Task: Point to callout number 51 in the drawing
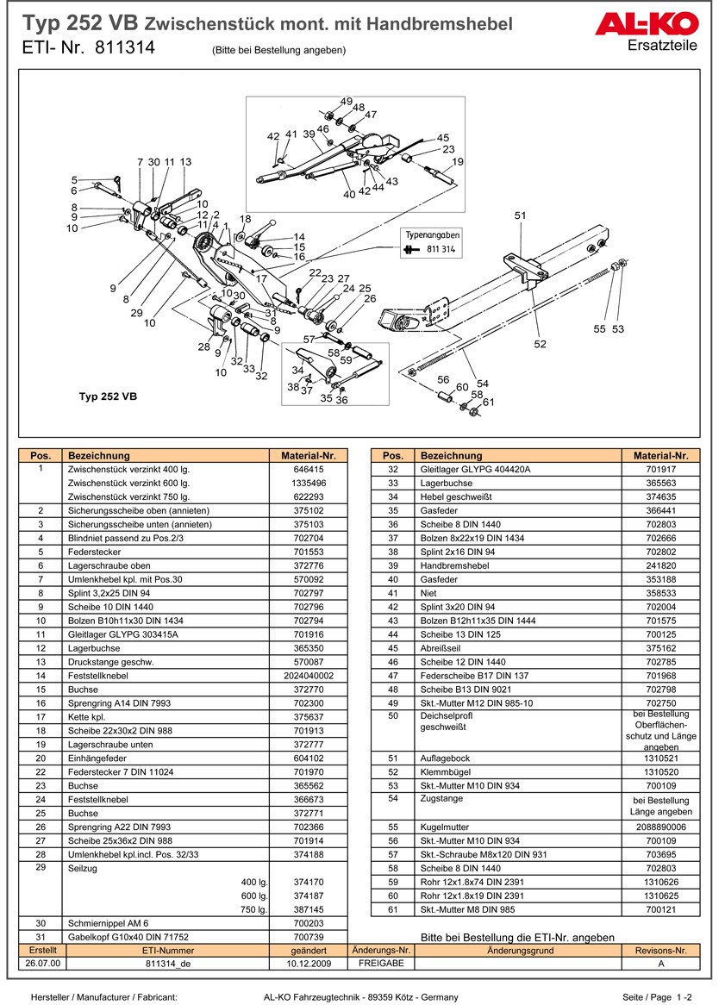520,215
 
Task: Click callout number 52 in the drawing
540,344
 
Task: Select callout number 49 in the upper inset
346,102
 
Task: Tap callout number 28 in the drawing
203,346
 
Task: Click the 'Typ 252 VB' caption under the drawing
108,397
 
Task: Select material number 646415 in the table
309,470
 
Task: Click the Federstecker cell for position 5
96,552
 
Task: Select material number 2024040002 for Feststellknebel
309,676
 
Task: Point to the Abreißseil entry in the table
442,648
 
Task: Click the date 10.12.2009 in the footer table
309,964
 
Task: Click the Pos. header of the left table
41,456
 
